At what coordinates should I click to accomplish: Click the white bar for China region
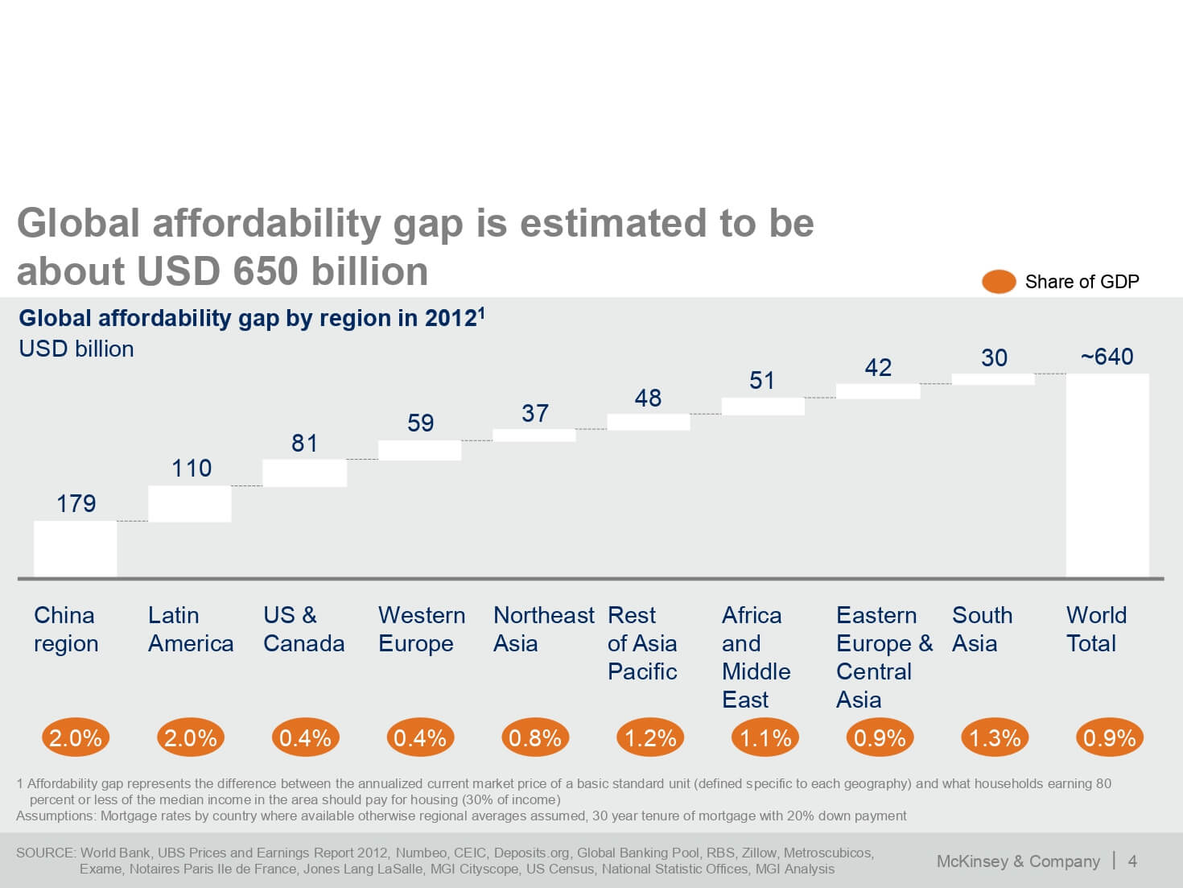pos(75,548)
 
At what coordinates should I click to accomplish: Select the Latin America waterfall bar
pos(190,504)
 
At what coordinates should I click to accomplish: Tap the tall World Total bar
pos(1107,475)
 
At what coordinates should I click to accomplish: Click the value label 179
pos(76,504)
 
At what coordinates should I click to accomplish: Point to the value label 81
pos(304,444)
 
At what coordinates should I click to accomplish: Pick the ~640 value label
pos(1107,357)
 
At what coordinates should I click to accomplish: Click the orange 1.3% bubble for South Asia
pos(995,737)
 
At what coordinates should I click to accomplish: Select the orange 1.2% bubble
pos(650,737)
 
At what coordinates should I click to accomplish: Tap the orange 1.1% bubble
pos(765,737)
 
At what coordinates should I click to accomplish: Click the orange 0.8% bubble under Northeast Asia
pos(535,737)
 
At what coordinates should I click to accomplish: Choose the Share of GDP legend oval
pos(999,282)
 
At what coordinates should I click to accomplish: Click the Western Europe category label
pos(421,629)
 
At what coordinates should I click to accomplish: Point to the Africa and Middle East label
pos(756,657)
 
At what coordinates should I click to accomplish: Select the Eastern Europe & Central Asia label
pos(884,657)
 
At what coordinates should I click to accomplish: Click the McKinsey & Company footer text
pos(1018,861)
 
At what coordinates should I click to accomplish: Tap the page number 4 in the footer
pos(1132,861)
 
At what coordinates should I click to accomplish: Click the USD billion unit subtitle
pos(76,349)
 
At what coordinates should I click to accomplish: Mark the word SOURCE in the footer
pos(46,853)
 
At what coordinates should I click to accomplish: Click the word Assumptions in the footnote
pos(57,816)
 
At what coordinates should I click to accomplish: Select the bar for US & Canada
pos(305,473)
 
